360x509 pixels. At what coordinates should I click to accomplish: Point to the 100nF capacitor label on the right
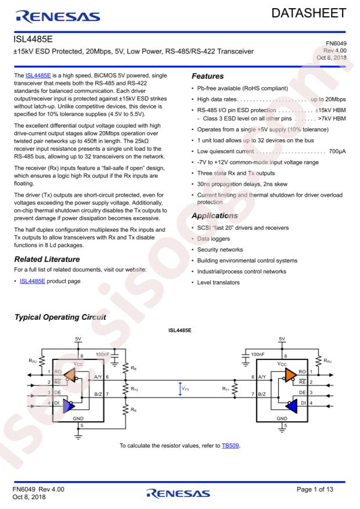[260, 353]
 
